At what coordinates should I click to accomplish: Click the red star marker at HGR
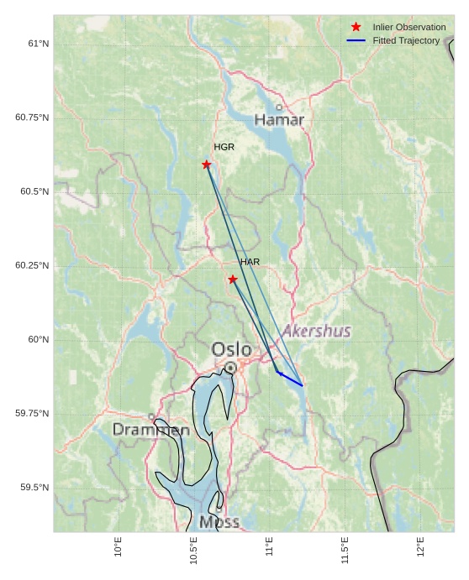(207, 165)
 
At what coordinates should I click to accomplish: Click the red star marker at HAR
(233, 280)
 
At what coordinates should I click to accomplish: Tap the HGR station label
(224, 147)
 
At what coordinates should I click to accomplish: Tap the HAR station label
(250, 262)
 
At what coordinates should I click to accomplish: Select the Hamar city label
(279, 120)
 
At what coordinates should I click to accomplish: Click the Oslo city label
(231, 348)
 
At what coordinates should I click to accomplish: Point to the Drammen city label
(151, 430)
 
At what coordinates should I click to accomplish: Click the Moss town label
(219, 522)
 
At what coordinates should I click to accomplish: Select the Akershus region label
(316, 331)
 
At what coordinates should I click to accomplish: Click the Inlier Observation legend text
(409, 27)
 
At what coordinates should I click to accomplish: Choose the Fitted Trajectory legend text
(406, 40)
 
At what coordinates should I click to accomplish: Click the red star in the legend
(356, 27)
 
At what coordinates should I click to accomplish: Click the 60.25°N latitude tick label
(32, 265)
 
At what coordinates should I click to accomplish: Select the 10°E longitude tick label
(119, 546)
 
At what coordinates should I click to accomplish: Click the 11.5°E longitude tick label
(345, 546)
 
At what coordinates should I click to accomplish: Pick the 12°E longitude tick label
(421, 546)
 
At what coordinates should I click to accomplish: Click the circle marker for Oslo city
(230, 368)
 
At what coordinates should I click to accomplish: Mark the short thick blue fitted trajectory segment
(289, 379)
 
